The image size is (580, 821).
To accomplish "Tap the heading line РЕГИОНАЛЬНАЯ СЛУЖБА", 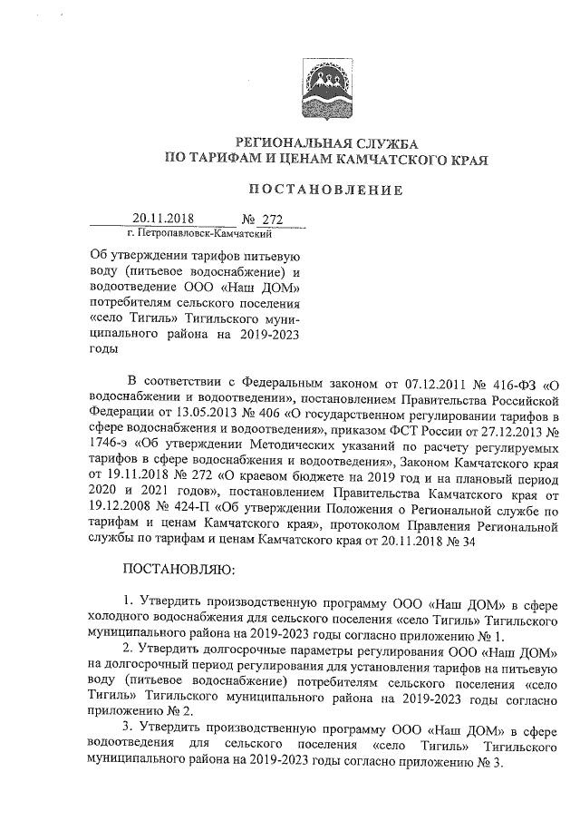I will (x=326, y=144).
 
